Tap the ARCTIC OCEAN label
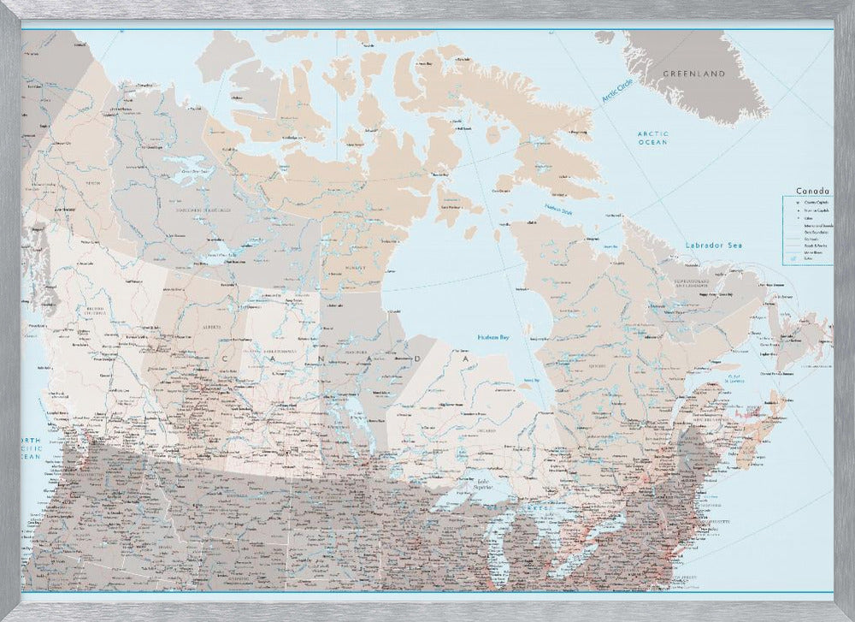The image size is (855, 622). (x=652, y=138)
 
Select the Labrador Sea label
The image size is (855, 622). (x=713, y=246)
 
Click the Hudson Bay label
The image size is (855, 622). (x=494, y=338)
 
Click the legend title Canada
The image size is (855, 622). (x=812, y=191)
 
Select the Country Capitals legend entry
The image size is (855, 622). (x=817, y=201)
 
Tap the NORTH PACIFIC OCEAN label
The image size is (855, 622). (x=31, y=448)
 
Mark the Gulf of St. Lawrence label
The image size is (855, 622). (x=732, y=376)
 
